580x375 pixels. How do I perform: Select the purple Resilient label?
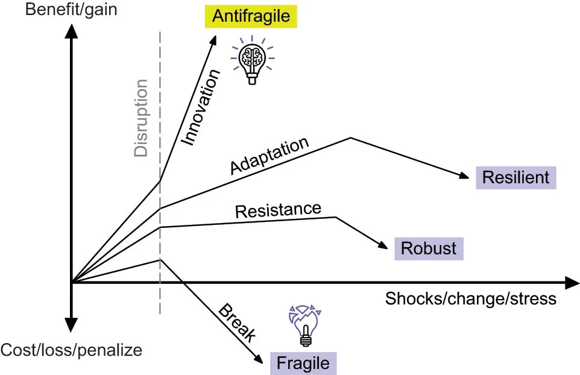(x=515, y=177)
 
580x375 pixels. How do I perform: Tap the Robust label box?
(x=429, y=248)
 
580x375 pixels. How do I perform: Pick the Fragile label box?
(x=303, y=364)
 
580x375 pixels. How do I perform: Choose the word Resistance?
(x=278, y=210)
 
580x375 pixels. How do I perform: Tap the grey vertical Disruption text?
(x=141, y=118)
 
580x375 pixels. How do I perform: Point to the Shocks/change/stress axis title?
(x=470, y=298)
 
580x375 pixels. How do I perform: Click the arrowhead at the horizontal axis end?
(x=572, y=282)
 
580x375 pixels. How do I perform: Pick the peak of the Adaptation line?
(x=351, y=137)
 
